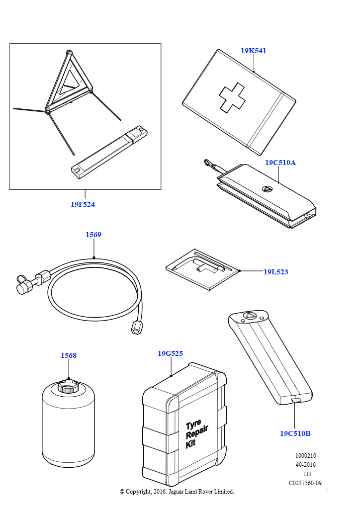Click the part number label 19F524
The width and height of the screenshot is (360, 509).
pyautogui.click(x=83, y=204)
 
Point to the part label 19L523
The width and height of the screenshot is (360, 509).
pyautogui.click(x=276, y=272)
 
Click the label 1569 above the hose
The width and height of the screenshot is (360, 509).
pyautogui.click(x=93, y=235)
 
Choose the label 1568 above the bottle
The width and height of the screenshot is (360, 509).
pyautogui.click(x=69, y=355)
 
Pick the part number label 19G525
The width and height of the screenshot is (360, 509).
pyautogui.click(x=170, y=353)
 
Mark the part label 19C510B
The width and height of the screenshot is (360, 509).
pyautogui.click(x=295, y=433)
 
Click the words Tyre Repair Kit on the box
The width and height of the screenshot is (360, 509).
pyautogui.click(x=197, y=434)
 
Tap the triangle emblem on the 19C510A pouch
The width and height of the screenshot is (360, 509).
pyautogui.click(x=267, y=189)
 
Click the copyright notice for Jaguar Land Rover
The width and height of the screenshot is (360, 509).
pyautogui.click(x=177, y=492)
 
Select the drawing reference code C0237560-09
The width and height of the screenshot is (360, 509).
pyautogui.click(x=305, y=483)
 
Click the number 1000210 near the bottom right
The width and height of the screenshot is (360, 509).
pyautogui.click(x=305, y=456)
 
